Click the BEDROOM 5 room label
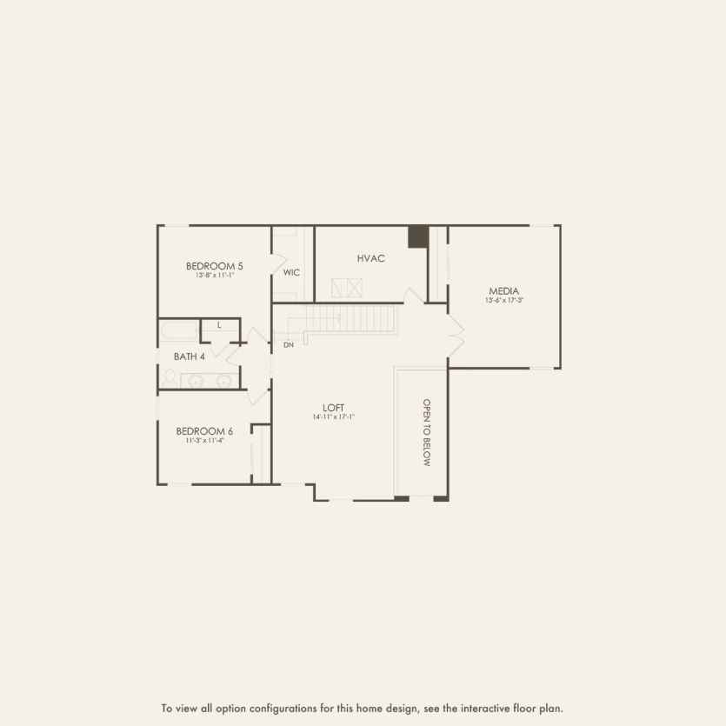tap(215, 265)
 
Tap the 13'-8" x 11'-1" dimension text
tap(215, 275)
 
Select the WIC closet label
tap(291, 272)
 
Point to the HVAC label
tap(370, 258)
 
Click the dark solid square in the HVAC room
tap(418, 236)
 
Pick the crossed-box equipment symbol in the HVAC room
tap(346, 288)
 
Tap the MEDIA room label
tap(504, 291)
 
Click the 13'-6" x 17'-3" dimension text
tap(504, 301)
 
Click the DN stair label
tap(289, 345)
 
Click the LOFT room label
tap(334, 407)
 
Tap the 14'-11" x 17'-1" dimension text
tap(334, 417)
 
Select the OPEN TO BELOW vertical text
tap(427, 433)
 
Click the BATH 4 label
tap(190, 356)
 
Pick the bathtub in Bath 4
tap(179, 331)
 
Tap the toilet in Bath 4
tap(170, 377)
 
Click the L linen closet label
tap(219, 325)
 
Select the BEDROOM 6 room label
tap(204, 430)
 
